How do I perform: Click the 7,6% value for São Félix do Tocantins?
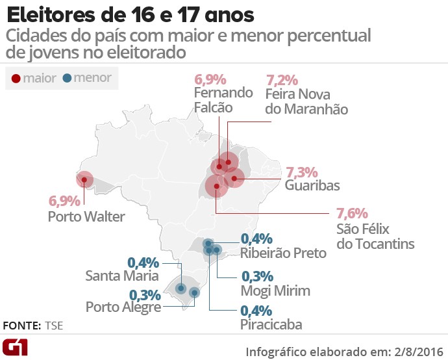(352, 213)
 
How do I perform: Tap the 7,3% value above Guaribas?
(301, 172)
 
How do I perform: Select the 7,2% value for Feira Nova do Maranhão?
(282, 81)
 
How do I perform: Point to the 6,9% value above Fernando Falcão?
(210, 81)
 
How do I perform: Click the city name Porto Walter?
(86, 216)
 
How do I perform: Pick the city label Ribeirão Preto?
(283, 253)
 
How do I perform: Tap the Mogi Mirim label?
(275, 290)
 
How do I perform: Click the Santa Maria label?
(122, 276)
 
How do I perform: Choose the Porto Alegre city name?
(123, 307)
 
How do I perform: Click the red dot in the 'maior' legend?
(16, 79)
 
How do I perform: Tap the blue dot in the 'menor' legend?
(68, 79)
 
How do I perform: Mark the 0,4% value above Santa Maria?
(143, 263)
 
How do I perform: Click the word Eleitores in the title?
(53, 13)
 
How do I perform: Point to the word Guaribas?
(312, 186)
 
